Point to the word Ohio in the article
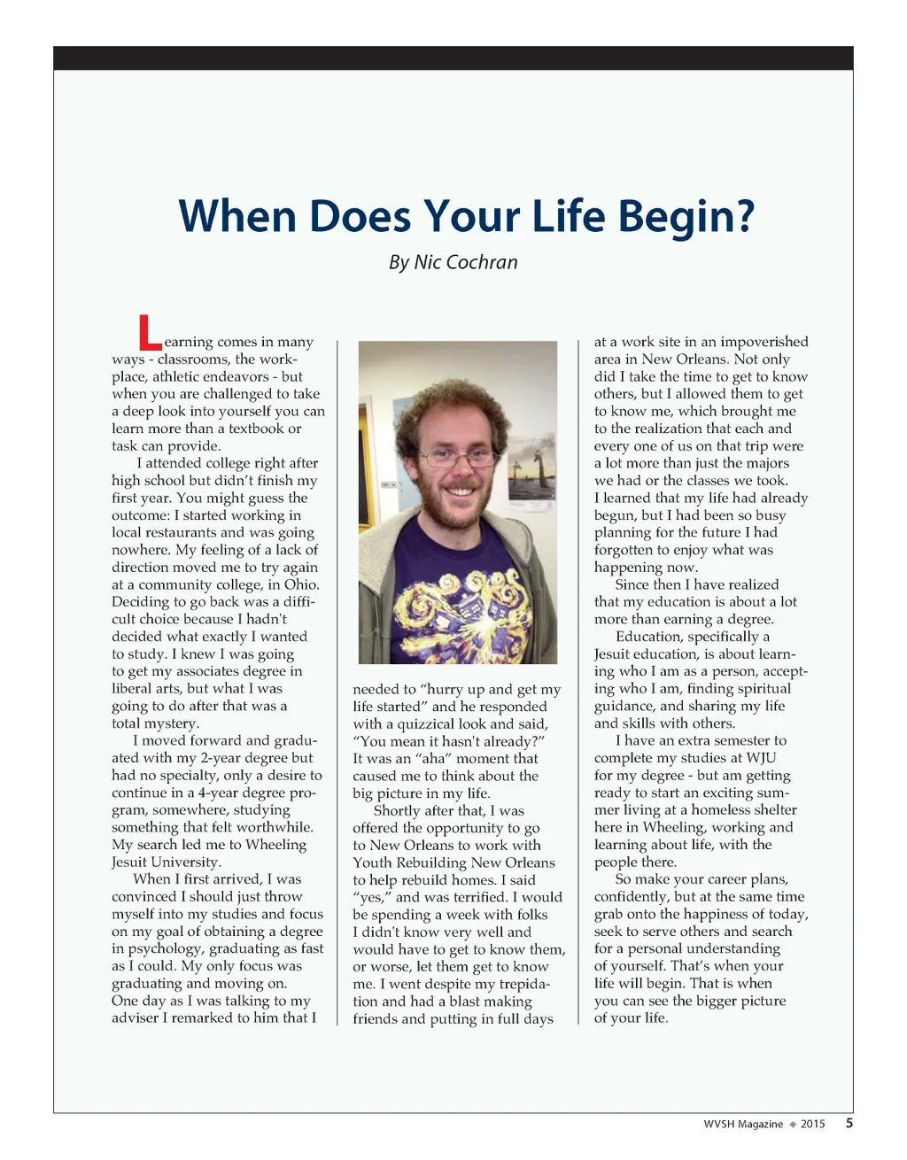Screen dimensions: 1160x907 [x=302, y=584]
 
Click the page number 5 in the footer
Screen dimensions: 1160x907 [x=849, y=1124]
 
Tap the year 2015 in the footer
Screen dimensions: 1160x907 [x=812, y=1125]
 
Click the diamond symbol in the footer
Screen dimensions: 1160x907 [x=793, y=1125]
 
